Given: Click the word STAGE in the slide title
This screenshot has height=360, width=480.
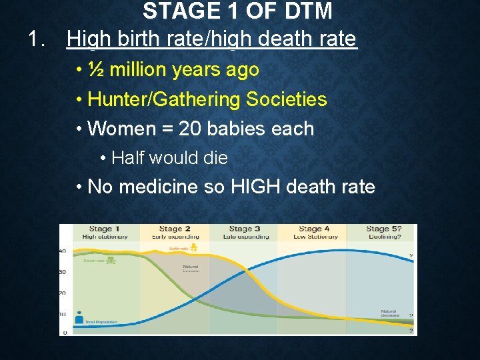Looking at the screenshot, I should [x=175, y=11].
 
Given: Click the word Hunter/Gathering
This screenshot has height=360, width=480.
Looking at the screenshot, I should [x=164, y=99].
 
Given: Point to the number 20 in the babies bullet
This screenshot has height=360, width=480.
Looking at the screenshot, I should [x=191, y=128].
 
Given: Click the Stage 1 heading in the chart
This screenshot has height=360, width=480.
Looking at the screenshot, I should [x=101, y=229].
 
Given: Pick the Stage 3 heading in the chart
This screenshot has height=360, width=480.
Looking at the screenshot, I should [x=241, y=229].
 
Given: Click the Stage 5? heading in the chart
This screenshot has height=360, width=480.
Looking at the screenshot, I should [x=383, y=229].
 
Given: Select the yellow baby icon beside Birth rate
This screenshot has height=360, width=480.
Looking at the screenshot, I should [x=194, y=247].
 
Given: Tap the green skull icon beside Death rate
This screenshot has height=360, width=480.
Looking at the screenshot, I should [x=110, y=260].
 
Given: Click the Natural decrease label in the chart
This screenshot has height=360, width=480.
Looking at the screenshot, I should [x=389, y=313].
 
